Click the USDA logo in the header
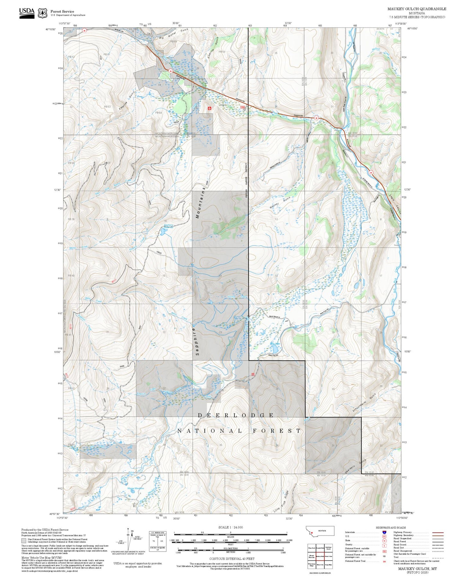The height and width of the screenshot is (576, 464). click(x=26, y=13)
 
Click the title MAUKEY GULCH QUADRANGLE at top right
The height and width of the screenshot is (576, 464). click(x=416, y=9)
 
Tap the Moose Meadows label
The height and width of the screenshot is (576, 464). click(x=136, y=488)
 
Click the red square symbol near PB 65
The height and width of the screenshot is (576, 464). click(x=210, y=109)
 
